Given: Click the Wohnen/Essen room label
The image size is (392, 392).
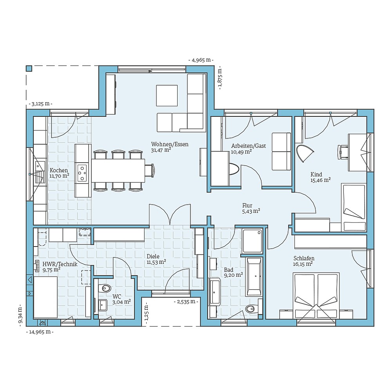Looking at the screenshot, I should click(170, 144).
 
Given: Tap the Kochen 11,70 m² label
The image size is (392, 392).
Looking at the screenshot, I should click(59, 173).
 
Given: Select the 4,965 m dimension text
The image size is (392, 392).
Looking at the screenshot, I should click(201, 60).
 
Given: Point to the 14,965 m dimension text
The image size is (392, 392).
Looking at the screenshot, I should click(39, 332).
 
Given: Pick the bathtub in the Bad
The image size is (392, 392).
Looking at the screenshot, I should click(254, 276).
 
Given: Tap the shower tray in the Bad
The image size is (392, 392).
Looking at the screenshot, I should click(252, 241).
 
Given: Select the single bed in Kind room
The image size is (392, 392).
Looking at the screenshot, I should click(354, 207).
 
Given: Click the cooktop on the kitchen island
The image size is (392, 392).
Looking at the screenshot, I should click(82, 172).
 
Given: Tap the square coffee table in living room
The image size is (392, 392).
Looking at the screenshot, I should click(167, 95).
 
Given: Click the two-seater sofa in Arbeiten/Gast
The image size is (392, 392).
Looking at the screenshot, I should click(281, 151).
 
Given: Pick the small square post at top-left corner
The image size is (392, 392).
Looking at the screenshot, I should click(29, 68).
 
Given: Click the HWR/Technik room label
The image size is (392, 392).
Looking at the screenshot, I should click(60, 264).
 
